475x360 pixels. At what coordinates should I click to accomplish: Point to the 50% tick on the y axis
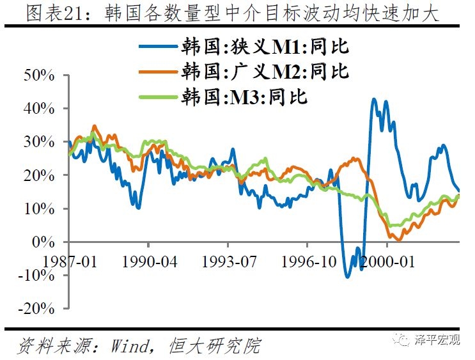click(x=40, y=75)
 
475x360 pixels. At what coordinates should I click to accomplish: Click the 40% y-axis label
click(x=40, y=109)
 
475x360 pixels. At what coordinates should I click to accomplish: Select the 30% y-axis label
click(x=40, y=142)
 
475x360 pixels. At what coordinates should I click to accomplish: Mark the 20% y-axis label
click(x=40, y=175)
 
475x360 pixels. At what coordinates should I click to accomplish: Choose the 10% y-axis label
click(x=40, y=208)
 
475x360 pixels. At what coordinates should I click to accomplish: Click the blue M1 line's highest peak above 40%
click(x=375, y=100)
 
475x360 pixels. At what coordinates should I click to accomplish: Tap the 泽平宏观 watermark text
click(x=437, y=340)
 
